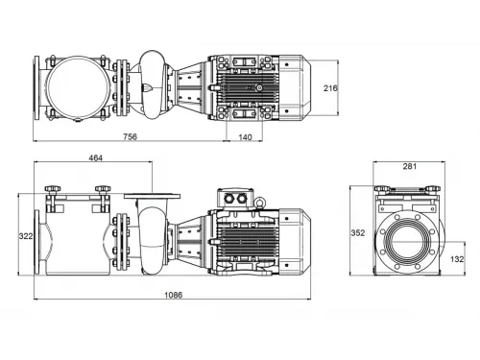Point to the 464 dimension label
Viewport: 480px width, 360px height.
pyautogui.click(x=95, y=157)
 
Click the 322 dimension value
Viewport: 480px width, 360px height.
pyautogui.click(x=26, y=235)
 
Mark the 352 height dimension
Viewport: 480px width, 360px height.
pyautogui.click(x=358, y=232)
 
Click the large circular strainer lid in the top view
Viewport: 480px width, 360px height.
pyautogui.click(x=77, y=86)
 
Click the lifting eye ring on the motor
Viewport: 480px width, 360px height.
pyautogui.click(x=257, y=202)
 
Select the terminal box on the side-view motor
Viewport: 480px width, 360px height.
pyautogui.click(x=234, y=199)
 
